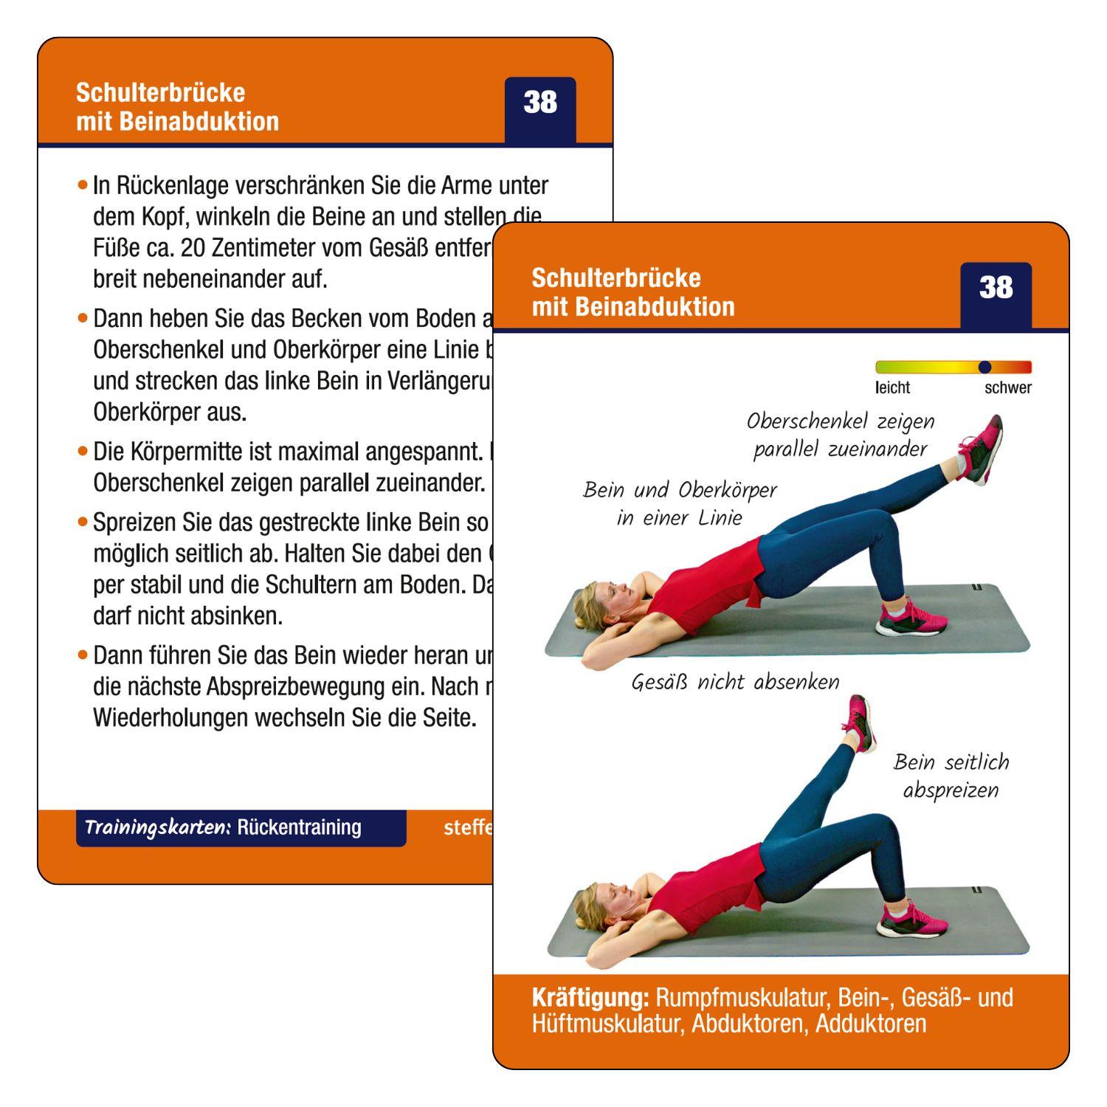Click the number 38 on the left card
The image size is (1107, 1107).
click(x=540, y=103)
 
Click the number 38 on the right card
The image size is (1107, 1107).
click(x=996, y=288)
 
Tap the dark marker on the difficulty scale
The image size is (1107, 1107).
click(x=984, y=367)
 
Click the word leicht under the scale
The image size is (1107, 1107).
click(x=892, y=387)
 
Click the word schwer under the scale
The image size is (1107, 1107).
click(x=1007, y=387)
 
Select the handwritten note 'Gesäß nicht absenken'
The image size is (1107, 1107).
click(x=735, y=681)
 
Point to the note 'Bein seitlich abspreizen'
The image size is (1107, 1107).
click(x=951, y=776)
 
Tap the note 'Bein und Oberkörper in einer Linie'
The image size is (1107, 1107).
click(x=680, y=503)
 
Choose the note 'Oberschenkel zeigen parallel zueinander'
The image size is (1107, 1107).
click(x=841, y=435)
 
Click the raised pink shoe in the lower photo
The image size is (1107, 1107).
click(x=858, y=723)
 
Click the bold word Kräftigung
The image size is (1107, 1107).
click(x=590, y=998)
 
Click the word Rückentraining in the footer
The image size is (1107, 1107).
click(x=299, y=827)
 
